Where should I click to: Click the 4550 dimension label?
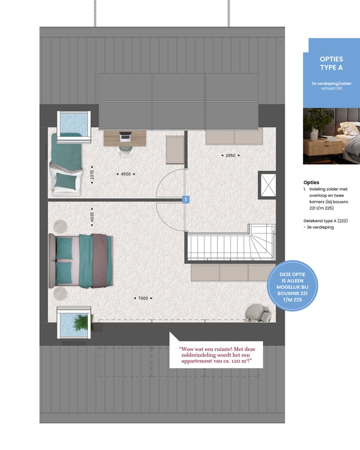tap(126, 174)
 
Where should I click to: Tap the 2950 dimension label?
tap(230, 155)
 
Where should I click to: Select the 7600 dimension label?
tap(143, 298)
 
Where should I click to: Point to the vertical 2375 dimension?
tap(92, 174)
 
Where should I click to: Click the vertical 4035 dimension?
tap(92, 216)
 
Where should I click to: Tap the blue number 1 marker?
tap(185, 199)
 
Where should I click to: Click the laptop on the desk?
tap(125, 136)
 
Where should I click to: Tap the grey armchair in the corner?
tap(258, 312)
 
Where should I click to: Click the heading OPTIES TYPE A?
tap(331, 63)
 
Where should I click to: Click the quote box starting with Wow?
tap(216, 355)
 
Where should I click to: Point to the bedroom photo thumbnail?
tap(331, 136)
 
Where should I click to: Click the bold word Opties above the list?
tap(311, 182)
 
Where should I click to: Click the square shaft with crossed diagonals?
tap(266, 185)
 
